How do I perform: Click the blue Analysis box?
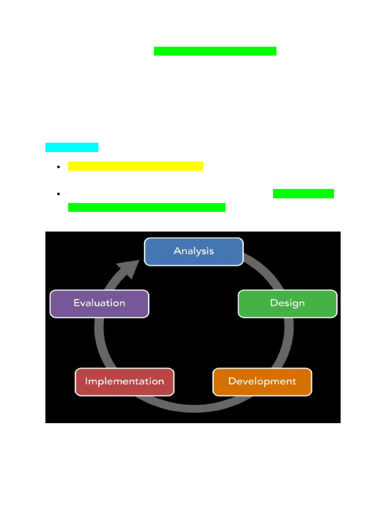tap(194, 251)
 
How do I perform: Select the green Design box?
tap(287, 303)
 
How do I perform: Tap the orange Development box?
tap(262, 381)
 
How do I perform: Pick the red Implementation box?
tap(125, 381)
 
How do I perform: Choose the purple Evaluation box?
tap(99, 303)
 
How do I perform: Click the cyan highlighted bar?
tap(71, 148)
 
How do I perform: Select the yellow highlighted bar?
tap(136, 166)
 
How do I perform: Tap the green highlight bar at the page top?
tap(215, 51)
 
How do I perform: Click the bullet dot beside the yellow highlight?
tap(59, 167)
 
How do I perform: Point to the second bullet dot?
tap(59, 194)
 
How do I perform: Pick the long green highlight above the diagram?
tap(147, 207)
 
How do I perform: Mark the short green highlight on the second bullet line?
tap(303, 194)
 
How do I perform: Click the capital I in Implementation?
tap(86, 381)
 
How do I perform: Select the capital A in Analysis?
tap(177, 251)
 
